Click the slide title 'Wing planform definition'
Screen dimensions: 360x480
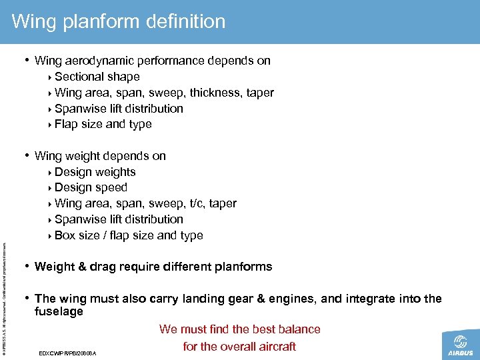[119, 22]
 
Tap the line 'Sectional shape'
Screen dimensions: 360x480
[97, 77]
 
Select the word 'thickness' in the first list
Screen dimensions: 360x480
[215, 93]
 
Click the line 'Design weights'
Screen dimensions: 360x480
[95, 172]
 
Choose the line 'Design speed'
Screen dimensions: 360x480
[91, 187]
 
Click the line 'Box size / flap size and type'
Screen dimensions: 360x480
[129, 235]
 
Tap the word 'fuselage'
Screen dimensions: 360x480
[59, 311]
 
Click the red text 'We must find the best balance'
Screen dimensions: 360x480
[239, 329]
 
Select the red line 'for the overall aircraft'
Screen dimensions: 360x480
[239, 346]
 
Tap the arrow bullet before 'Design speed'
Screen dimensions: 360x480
[51, 188]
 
